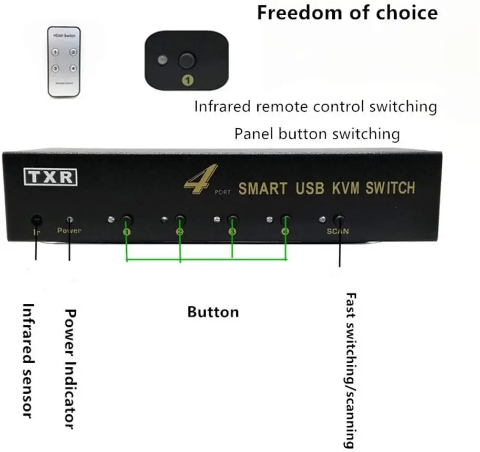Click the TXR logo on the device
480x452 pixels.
pos(51,177)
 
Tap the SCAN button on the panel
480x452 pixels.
pos(340,220)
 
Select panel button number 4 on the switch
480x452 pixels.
pos(285,220)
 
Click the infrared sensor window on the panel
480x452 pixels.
pos(36,219)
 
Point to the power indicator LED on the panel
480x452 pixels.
pos(69,219)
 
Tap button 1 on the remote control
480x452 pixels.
pos(55,52)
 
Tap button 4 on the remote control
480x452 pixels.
pos(73,68)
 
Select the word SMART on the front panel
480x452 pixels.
pos(263,188)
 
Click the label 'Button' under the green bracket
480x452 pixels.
pos(213,312)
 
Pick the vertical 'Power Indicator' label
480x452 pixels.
pos(69,368)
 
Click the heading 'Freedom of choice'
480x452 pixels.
pos(347,13)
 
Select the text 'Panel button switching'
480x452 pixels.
pos(317,133)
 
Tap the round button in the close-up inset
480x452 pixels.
pos(186,60)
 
